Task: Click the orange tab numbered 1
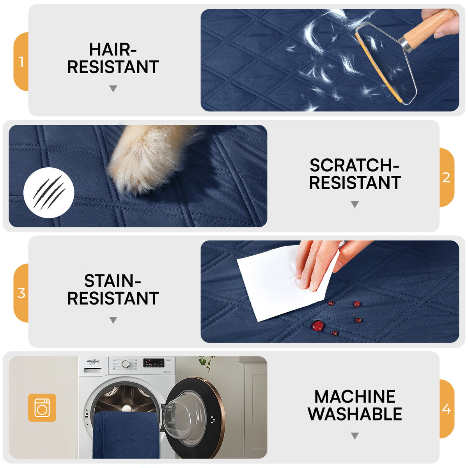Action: [21, 62]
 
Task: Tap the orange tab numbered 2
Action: [447, 177]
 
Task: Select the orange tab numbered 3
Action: [21, 293]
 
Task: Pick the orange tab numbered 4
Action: [447, 409]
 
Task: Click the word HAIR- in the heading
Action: [113, 50]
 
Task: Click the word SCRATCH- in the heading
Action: [354, 165]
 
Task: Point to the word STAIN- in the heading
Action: [113, 281]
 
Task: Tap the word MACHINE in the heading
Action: [355, 397]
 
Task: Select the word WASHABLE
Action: [355, 414]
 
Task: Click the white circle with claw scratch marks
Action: [49, 193]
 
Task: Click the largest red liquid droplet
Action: [317, 326]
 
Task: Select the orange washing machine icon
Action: [42, 408]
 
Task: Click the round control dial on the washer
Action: [126, 364]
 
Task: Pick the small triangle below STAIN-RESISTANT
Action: [113, 320]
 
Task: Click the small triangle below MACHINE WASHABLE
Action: [355, 436]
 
